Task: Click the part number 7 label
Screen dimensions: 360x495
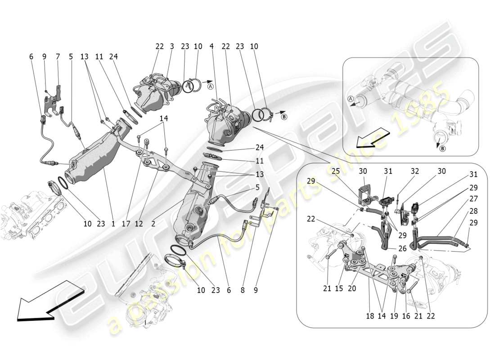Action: coord(58,57)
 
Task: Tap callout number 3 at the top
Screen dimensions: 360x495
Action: coord(172,46)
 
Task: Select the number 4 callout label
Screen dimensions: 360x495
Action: coord(211,46)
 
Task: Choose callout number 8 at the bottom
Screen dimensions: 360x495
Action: coord(243,291)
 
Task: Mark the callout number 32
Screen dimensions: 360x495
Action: coord(414,171)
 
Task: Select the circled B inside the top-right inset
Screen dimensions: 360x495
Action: coord(443,149)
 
